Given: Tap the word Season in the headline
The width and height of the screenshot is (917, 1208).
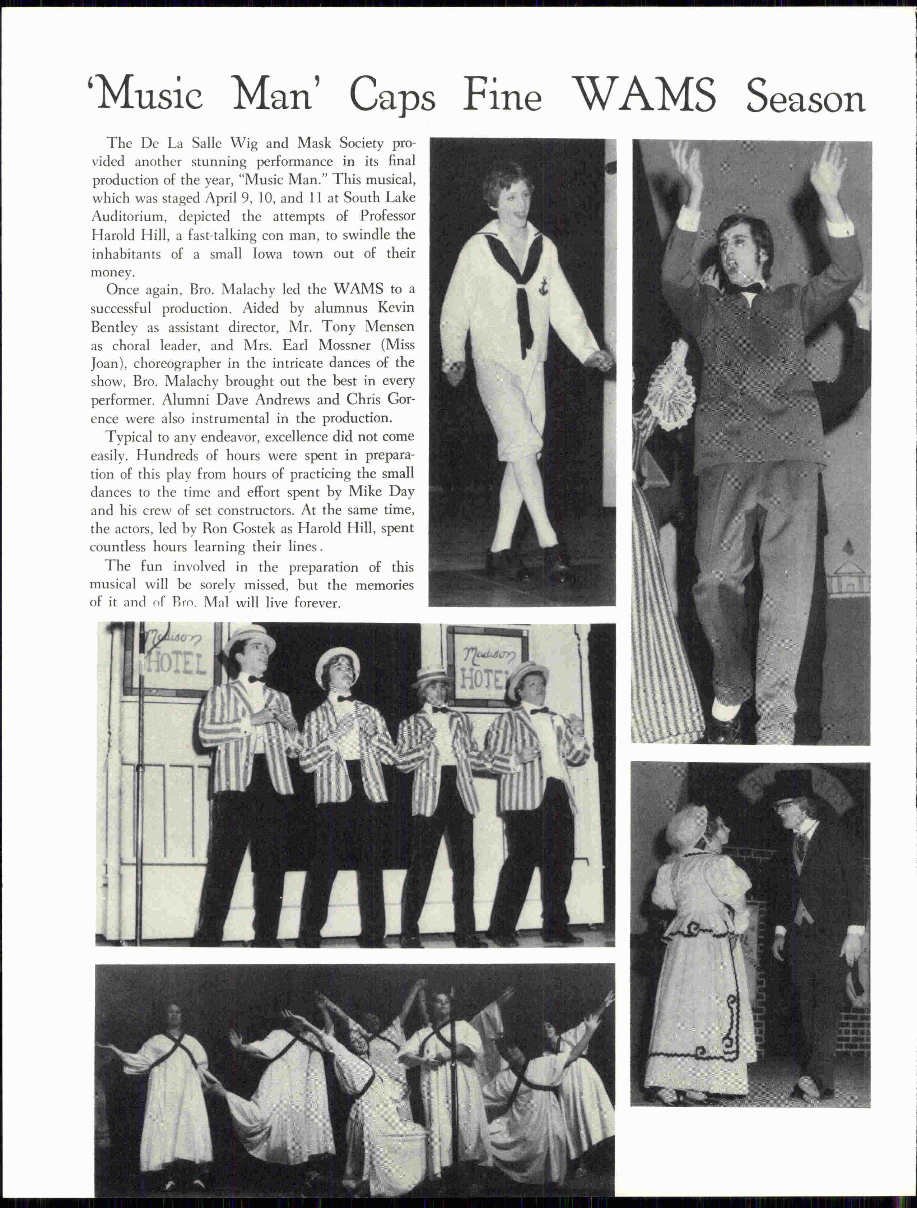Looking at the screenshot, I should point(805,98).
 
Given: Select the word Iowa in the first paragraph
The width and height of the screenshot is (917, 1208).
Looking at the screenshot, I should point(267,254).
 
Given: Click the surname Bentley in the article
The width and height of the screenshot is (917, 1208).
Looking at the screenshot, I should point(113,327).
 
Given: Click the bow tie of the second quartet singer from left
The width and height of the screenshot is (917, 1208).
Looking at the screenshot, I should point(344,698).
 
